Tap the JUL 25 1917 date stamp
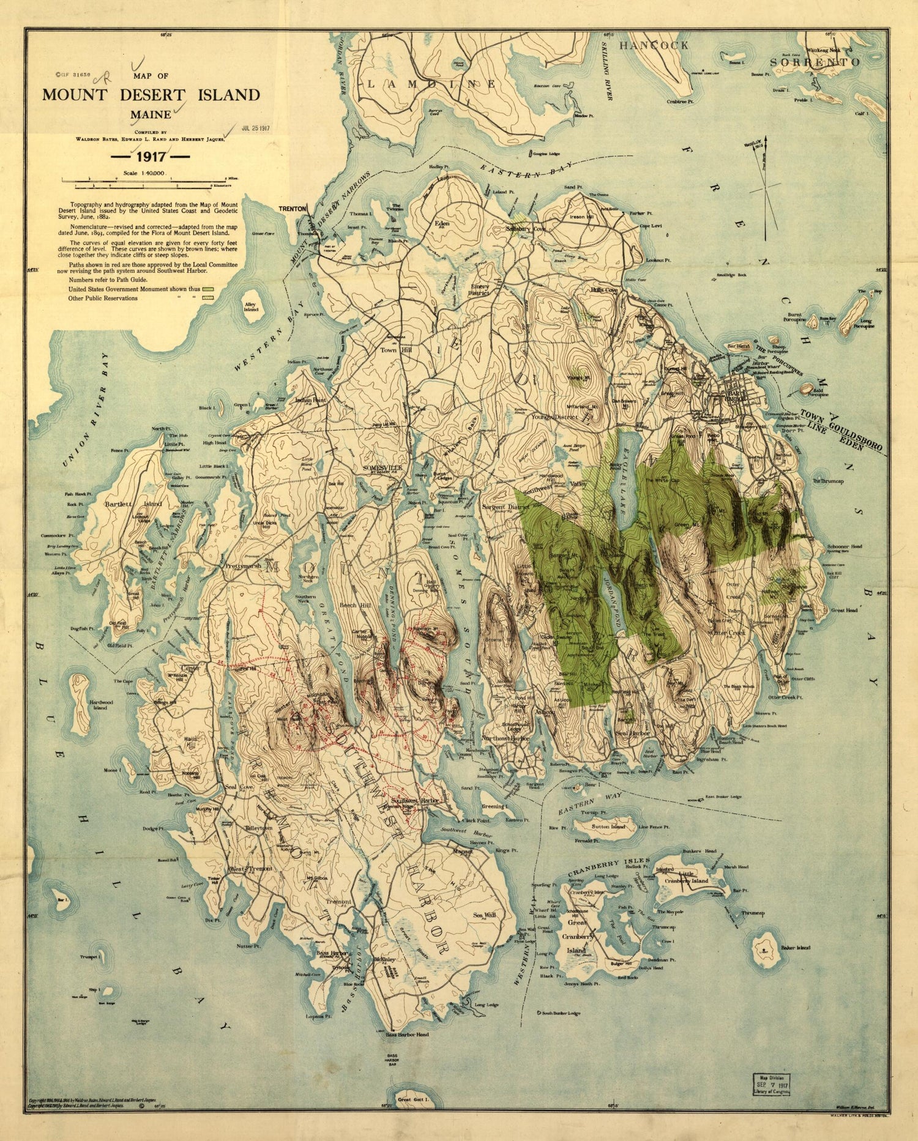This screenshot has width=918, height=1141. point(255,129)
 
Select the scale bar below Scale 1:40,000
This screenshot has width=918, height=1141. point(150,182)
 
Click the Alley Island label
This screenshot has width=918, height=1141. point(251,307)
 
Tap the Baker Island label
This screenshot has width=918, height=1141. point(796,948)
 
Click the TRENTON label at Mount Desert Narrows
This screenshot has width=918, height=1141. point(292,209)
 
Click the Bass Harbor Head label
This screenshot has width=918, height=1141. point(407,1035)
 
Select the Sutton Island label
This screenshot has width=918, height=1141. point(608,827)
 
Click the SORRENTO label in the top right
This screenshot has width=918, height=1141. point(815,62)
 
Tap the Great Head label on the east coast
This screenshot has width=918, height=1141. point(845,610)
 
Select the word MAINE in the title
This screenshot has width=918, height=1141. point(150,114)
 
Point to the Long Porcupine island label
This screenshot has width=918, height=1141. point(864,323)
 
